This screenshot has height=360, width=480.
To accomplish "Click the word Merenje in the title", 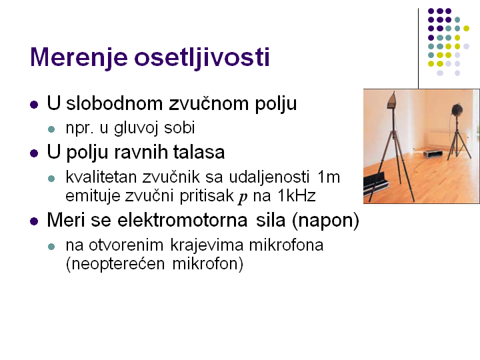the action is [x=79, y=58].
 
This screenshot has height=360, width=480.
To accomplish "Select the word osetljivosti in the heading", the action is [x=202, y=57].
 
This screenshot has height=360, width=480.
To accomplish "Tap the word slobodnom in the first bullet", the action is [x=114, y=103].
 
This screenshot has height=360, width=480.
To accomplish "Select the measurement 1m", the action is [x=329, y=177].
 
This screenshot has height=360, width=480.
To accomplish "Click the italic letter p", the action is [x=243, y=197].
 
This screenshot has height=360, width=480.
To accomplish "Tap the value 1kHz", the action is [x=296, y=195].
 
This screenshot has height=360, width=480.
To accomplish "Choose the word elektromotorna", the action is [x=182, y=220].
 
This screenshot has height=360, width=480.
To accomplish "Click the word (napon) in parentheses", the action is [x=325, y=221].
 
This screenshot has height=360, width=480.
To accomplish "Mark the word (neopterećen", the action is [x=115, y=264].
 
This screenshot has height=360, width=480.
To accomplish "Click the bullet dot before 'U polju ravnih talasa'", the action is [x=34, y=153].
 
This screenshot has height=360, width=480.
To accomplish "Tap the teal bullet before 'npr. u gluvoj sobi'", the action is [x=51, y=129].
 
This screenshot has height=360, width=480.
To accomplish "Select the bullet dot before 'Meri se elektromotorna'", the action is [x=34, y=221].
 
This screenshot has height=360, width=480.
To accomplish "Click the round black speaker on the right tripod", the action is [x=457, y=109].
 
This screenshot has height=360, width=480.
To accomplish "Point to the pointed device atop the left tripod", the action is [x=392, y=100].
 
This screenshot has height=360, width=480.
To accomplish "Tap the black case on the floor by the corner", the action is [x=433, y=153].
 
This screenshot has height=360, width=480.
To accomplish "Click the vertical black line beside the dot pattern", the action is [x=418, y=49].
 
